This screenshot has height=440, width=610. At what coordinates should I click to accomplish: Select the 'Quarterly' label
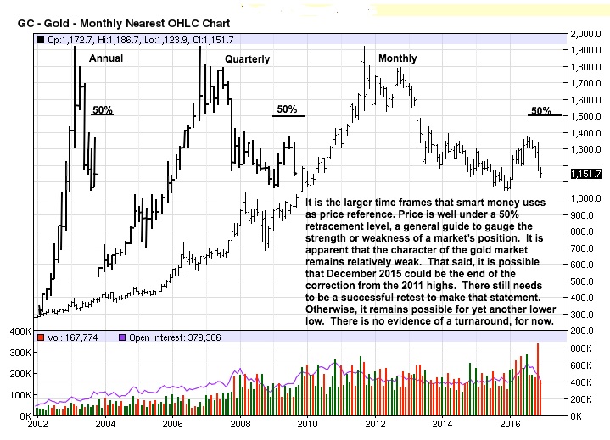247,59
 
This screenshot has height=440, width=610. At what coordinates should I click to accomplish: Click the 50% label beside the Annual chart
103,110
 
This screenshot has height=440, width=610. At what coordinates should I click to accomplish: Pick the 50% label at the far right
540,111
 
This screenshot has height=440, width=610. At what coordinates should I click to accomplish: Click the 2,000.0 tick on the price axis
585,35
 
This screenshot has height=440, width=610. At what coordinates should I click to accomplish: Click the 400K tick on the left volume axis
20,331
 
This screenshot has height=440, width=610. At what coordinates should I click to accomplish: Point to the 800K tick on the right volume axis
582,348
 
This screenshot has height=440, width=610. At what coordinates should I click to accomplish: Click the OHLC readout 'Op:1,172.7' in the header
70,39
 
